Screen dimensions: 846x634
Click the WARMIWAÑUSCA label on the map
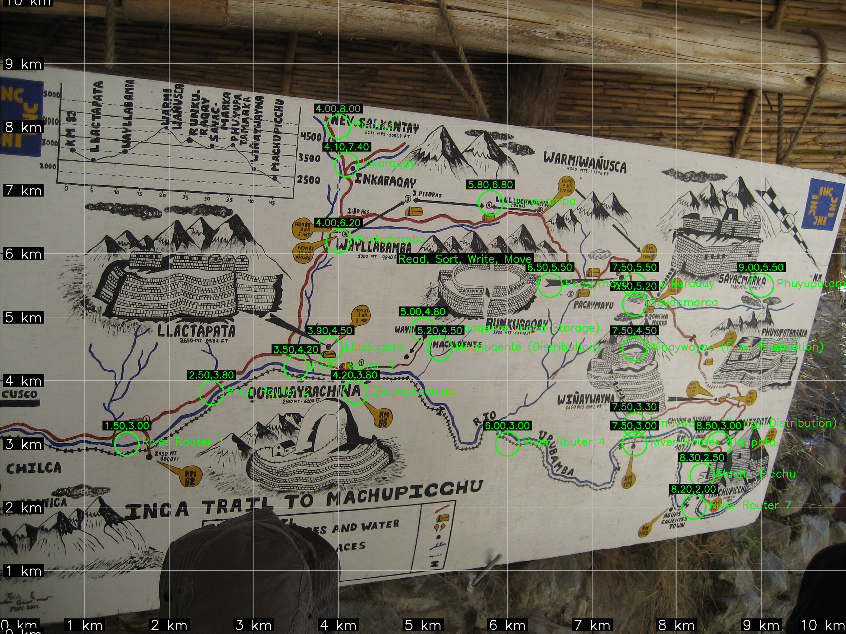click(x=585, y=162)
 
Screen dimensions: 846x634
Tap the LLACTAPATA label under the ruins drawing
click(x=196, y=331)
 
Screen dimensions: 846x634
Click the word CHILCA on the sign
click(x=34, y=468)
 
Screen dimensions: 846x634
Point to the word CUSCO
click(x=20, y=394)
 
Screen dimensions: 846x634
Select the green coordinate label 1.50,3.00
click(x=127, y=426)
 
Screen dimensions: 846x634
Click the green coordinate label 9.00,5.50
click(x=761, y=267)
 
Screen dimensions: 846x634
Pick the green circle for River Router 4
click(x=507, y=444)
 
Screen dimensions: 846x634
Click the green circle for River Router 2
click(x=211, y=393)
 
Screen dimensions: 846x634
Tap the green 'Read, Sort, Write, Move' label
click(x=465, y=259)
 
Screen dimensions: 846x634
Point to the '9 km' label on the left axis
click(x=23, y=64)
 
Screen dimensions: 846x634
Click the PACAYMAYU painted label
click(x=593, y=305)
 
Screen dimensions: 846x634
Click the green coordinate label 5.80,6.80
click(x=490, y=185)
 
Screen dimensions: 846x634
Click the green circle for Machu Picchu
click(x=702, y=474)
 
